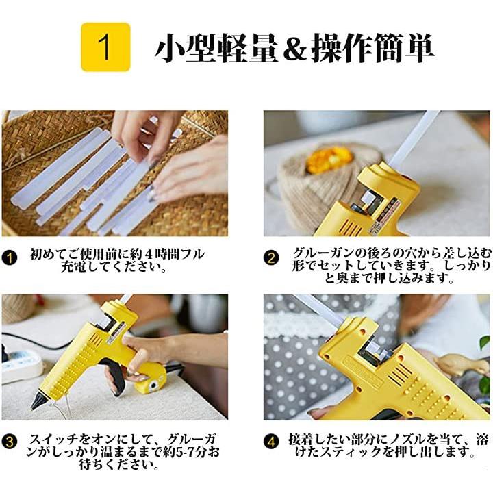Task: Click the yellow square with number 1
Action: [105, 47]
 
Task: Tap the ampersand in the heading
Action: [295, 48]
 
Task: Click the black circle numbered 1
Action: [10, 258]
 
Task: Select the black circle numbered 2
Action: [271, 258]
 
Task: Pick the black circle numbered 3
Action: [10, 442]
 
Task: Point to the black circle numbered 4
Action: [271, 442]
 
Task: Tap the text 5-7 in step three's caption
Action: [184, 452]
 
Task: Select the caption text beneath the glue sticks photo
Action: [117, 260]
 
